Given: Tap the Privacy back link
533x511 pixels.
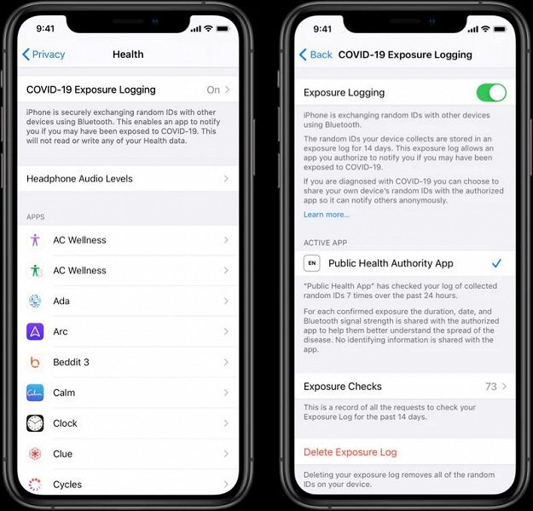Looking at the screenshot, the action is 43,55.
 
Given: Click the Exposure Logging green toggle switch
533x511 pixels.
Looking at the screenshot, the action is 491,93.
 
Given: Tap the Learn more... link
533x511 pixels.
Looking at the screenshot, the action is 327,215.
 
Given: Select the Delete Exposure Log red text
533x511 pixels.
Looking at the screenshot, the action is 351,452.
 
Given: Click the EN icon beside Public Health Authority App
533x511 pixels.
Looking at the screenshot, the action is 312,263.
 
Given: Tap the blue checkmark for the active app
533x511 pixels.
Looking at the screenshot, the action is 496,263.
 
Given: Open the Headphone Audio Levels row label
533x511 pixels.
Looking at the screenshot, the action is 79,179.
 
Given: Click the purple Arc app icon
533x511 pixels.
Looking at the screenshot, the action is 35,331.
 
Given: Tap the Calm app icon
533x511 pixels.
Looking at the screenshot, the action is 35,393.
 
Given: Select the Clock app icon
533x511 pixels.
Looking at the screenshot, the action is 35,423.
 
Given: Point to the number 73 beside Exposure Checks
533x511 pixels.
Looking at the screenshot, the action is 491,387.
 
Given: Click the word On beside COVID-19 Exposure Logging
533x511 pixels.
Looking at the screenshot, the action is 213,90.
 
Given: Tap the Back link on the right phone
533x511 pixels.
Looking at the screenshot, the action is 316,55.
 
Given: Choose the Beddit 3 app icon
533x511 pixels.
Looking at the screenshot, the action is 35,362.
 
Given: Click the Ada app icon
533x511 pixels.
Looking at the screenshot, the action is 35,301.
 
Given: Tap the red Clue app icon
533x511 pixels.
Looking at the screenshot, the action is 35,454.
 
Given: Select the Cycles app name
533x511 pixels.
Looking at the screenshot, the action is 67,485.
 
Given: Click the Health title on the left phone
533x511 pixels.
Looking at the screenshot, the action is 128,55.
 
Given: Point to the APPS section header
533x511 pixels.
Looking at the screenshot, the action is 35,217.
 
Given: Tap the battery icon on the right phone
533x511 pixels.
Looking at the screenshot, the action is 500,29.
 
